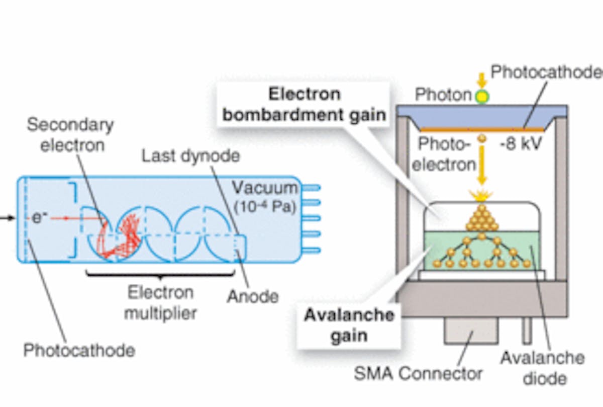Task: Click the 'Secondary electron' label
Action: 70,135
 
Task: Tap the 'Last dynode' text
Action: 190,156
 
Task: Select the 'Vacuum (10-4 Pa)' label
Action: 264,197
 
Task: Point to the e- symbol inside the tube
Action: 37,218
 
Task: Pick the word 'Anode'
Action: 252,296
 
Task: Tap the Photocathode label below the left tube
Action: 79,350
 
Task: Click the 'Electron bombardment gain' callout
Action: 304,105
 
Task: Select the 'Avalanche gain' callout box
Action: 348,325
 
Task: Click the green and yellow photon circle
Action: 481,95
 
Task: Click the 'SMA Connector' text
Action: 418,373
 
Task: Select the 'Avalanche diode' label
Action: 542,368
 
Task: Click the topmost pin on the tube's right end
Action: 311,188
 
